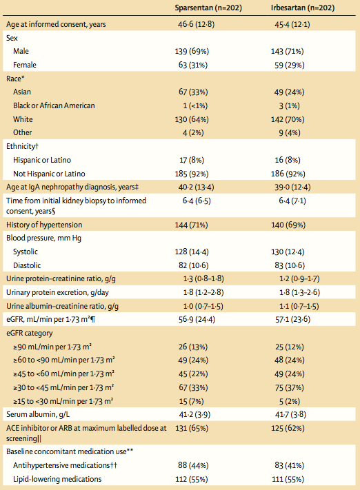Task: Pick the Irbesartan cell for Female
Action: coord(286,64)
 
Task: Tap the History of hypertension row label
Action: coord(44,225)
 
